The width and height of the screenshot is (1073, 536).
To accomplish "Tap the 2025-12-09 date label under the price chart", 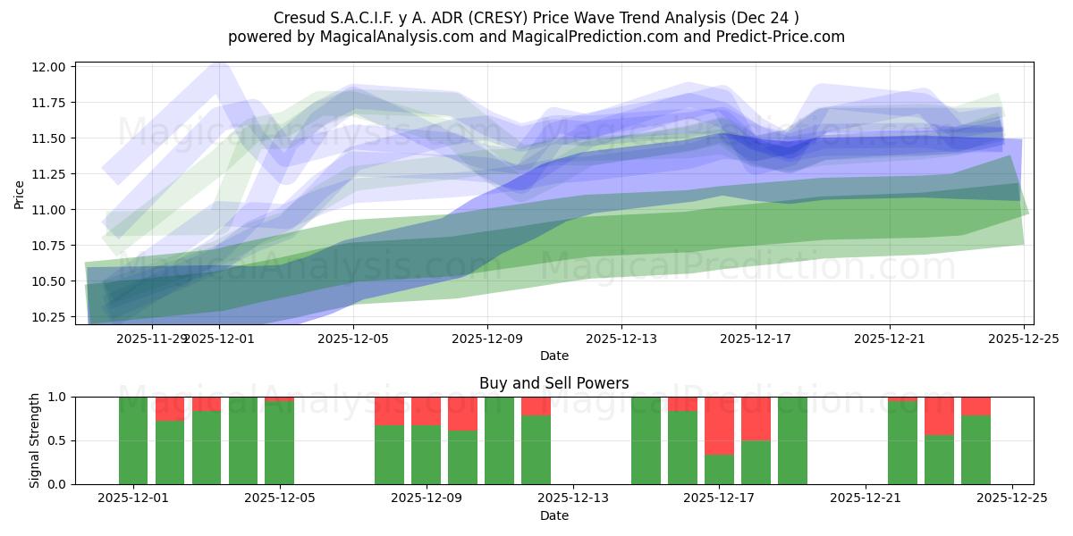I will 487,339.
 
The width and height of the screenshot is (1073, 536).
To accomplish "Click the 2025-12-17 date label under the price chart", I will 756,339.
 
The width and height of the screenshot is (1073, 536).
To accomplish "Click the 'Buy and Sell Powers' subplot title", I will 553,383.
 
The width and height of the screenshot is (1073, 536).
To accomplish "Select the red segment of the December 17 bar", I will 720,425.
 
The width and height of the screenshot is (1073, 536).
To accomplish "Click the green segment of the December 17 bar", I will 720,469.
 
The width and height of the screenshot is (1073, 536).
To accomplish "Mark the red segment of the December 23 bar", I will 939,415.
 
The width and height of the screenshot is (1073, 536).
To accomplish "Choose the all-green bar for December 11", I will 499,440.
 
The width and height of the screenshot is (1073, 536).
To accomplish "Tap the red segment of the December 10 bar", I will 462,414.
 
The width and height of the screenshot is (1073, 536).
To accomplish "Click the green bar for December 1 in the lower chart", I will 133,440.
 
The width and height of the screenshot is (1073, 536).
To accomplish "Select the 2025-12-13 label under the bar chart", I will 573,498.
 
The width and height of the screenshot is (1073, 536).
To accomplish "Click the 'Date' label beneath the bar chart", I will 553,515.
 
